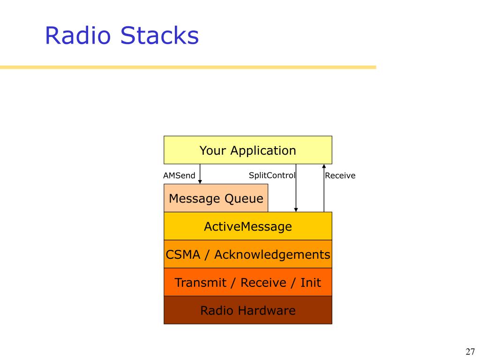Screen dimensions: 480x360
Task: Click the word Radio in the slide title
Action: pyautogui.click(x=78, y=35)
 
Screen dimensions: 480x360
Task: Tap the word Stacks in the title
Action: pyautogui.click(x=159, y=35)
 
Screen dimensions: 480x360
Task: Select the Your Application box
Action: pyautogui.click(x=248, y=150)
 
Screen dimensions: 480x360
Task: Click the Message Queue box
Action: pyautogui.click(x=216, y=198)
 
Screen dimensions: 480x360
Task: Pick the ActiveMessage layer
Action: pyautogui.click(x=248, y=226)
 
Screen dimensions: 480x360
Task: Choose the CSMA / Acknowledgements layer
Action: pyautogui.click(x=248, y=254)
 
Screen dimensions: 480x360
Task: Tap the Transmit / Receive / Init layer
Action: pyautogui.click(x=248, y=282)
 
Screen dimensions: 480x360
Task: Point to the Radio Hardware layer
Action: pyautogui.click(x=248, y=310)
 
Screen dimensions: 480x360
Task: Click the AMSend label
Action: pyautogui.click(x=179, y=175)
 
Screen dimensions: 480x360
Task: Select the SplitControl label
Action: pyautogui.click(x=272, y=175)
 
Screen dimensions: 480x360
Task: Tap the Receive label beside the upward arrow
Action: pyautogui.click(x=340, y=175)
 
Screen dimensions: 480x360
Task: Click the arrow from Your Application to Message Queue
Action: pyautogui.click(x=200, y=174)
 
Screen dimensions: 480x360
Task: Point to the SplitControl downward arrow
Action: pyautogui.click(x=296, y=188)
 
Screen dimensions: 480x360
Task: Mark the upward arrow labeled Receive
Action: pyautogui.click(x=324, y=188)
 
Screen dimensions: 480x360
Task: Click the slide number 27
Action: pyautogui.click(x=470, y=352)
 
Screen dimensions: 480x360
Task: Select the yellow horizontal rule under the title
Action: pyautogui.click(x=188, y=67)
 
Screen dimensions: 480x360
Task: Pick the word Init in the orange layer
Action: pyautogui.click(x=311, y=282)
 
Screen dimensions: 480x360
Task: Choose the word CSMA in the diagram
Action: pyautogui.click(x=183, y=255)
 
